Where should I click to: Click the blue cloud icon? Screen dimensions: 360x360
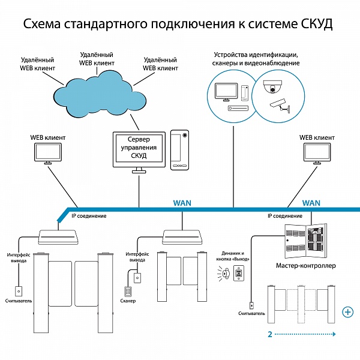click(x=100, y=94)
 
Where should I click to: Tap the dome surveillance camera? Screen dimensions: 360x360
click(x=272, y=87)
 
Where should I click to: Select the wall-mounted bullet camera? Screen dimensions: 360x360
click(x=280, y=106)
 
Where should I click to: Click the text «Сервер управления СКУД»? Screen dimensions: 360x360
click(x=139, y=148)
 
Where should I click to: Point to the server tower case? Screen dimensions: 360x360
click(x=179, y=150)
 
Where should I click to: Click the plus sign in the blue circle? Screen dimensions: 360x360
click(x=347, y=312)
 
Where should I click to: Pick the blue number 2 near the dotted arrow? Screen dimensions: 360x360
click(x=270, y=334)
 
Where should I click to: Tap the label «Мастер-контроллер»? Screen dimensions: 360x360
click(x=305, y=266)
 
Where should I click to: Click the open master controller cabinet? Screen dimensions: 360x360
click(x=305, y=241)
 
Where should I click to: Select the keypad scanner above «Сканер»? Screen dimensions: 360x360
click(x=127, y=292)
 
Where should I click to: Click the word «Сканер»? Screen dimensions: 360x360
click(x=128, y=301)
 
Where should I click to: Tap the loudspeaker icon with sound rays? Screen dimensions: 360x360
click(x=224, y=274)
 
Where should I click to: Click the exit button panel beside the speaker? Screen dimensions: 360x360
click(x=239, y=273)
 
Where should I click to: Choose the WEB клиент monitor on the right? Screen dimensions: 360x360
click(x=317, y=154)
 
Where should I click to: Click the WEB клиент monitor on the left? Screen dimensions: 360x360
click(x=48, y=154)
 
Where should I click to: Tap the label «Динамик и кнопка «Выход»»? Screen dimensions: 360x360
click(x=233, y=256)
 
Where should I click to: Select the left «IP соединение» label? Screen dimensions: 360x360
click(x=89, y=216)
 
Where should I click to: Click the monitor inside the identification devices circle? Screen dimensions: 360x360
click(x=226, y=92)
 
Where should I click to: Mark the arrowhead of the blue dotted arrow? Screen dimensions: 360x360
click(x=334, y=334)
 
